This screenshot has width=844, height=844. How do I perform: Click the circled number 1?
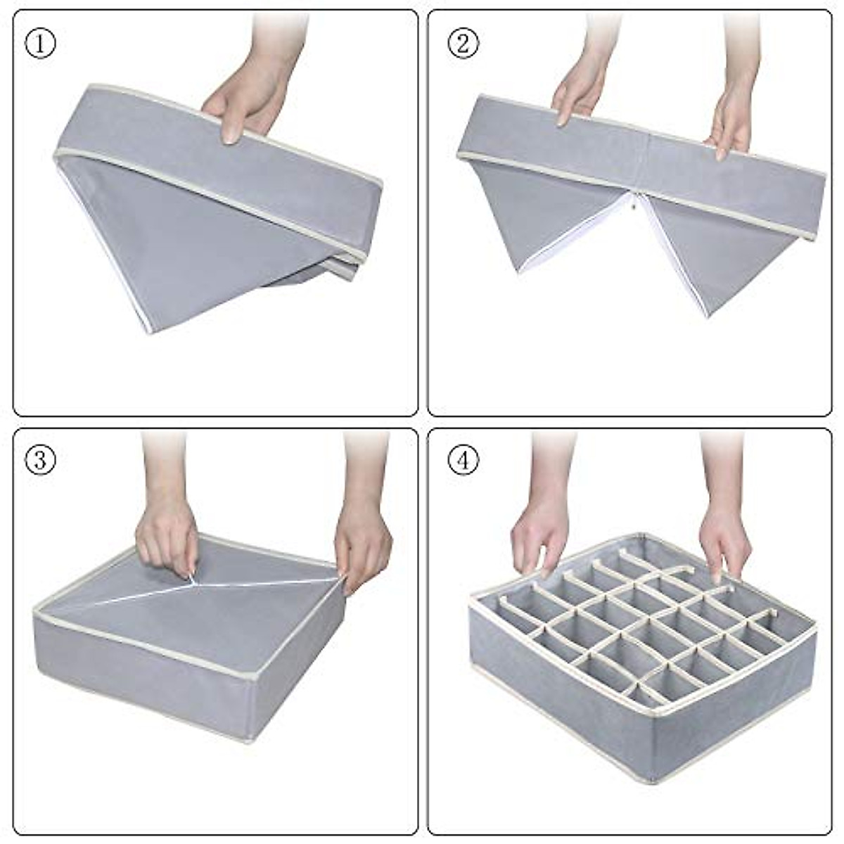(x=40, y=44)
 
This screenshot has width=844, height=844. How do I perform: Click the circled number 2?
(x=463, y=44)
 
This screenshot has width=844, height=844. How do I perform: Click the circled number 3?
(x=40, y=461)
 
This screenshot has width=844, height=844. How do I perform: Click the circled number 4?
(x=463, y=461)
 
